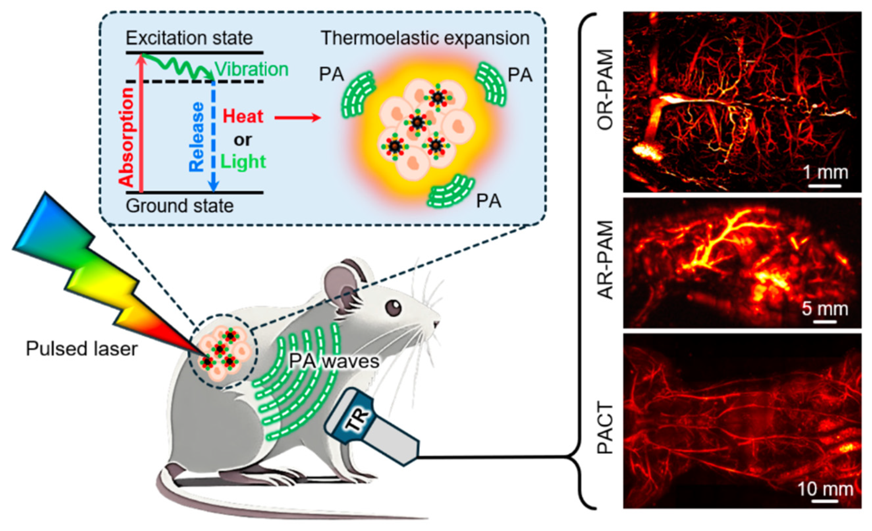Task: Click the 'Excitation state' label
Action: pos(189,38)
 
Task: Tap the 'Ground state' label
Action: pos(180,206)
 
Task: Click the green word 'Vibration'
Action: pos(252,69)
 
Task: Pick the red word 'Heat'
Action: pos(243,117)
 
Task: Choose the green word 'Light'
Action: pos(243,162)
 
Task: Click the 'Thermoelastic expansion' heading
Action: pos(425,38)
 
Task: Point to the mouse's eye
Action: pos(393,307)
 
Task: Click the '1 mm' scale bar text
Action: pos(825,173)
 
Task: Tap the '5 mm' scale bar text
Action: pos(825,309)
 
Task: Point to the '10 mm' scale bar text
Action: pos(825,489)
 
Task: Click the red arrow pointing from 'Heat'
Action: pos(297,118)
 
